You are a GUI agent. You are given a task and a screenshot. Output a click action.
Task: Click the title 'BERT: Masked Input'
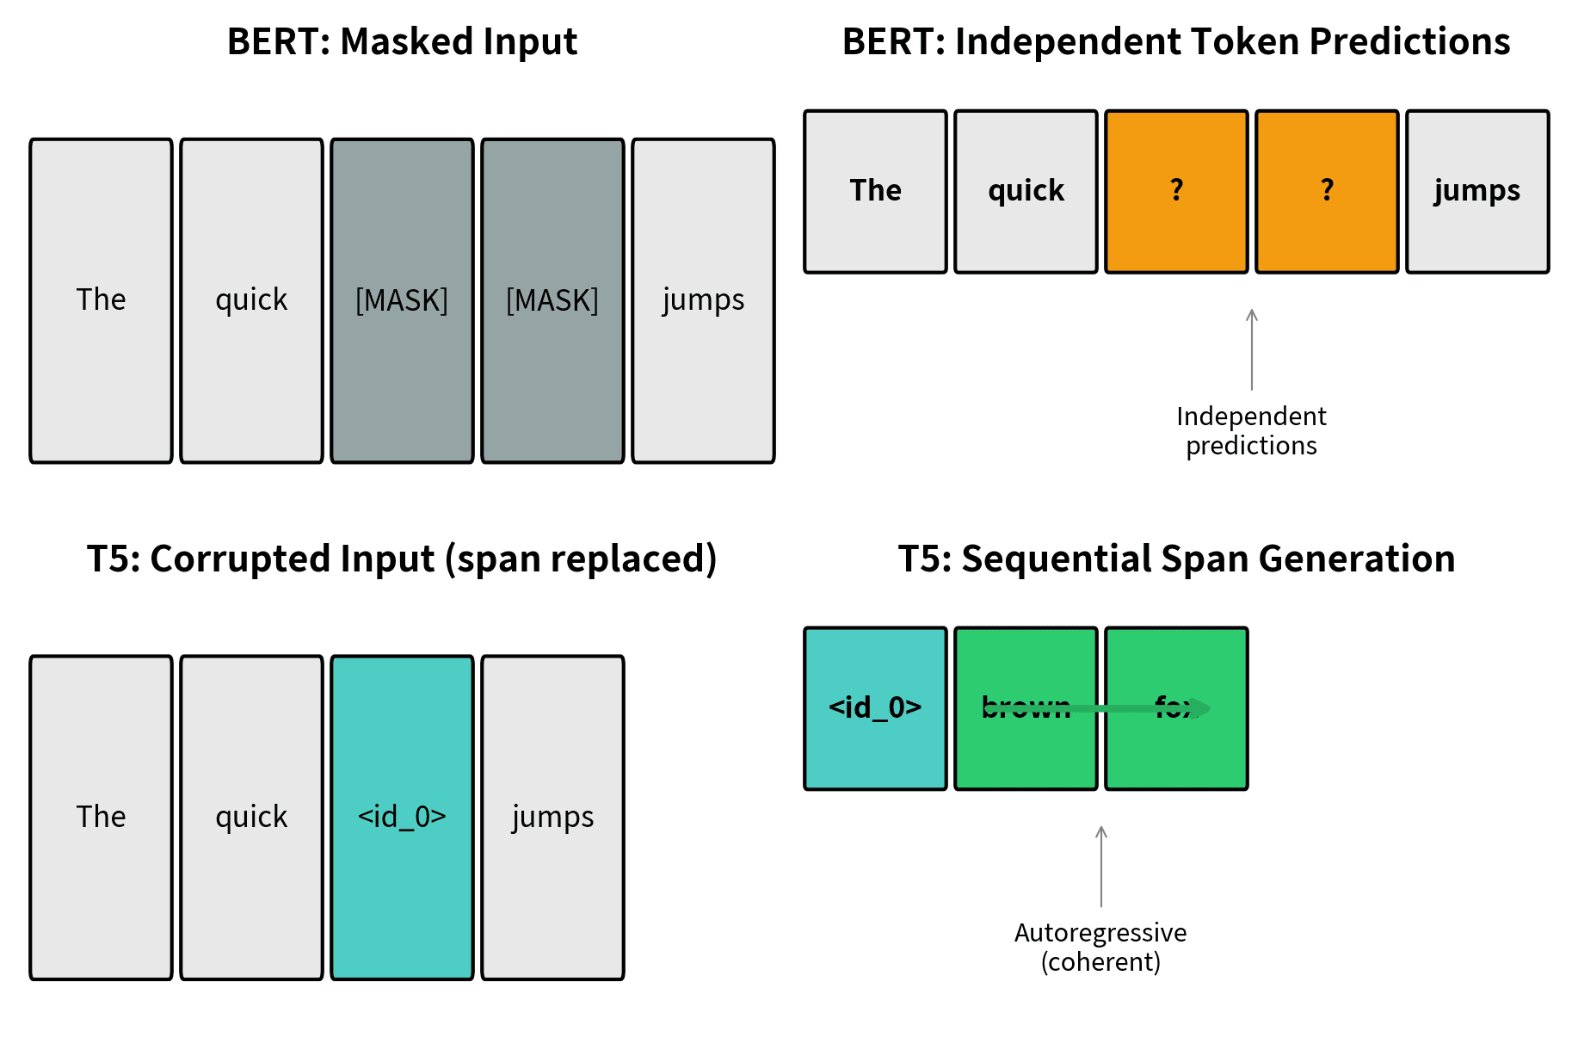tap(402, 41)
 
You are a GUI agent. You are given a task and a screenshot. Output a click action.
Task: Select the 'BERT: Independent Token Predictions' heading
tap(1175, 41)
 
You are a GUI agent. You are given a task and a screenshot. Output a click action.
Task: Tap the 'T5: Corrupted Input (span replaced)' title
tap(402, 559)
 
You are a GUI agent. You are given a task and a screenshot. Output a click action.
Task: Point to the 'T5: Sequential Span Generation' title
tap(1175, 559)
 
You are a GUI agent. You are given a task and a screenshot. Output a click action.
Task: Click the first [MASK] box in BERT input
tap(402, 300)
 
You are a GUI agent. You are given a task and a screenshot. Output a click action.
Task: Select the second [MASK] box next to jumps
tap(552, 300)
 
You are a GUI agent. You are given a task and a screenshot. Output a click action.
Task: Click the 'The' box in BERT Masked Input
tap(101, 300)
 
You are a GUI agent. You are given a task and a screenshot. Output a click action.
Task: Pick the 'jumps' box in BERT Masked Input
tap(703, 300)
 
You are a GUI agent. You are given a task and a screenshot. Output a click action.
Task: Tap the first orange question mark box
tap(1176, 191)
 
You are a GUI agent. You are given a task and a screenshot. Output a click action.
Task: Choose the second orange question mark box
tap(1327, 191)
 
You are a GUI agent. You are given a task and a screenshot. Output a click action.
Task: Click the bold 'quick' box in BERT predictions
tap(1026, 191)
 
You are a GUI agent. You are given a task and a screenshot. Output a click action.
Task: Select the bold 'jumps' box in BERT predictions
tap(1477, 191)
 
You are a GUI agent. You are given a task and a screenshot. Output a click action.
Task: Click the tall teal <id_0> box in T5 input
tap(402, 817)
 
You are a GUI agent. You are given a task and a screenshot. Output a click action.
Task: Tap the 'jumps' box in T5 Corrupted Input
tap(552, 817)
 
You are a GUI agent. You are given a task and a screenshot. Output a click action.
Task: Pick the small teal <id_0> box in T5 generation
tap(875, 707)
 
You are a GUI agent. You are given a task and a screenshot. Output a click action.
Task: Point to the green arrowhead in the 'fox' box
tap(1203, 708)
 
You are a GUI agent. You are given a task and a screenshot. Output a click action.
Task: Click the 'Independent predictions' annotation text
tap(1251, 430)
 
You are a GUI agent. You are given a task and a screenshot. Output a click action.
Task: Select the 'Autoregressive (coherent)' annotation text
tap(1100, 947)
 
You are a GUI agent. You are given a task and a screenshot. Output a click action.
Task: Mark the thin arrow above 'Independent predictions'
tap(1252, 349)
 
